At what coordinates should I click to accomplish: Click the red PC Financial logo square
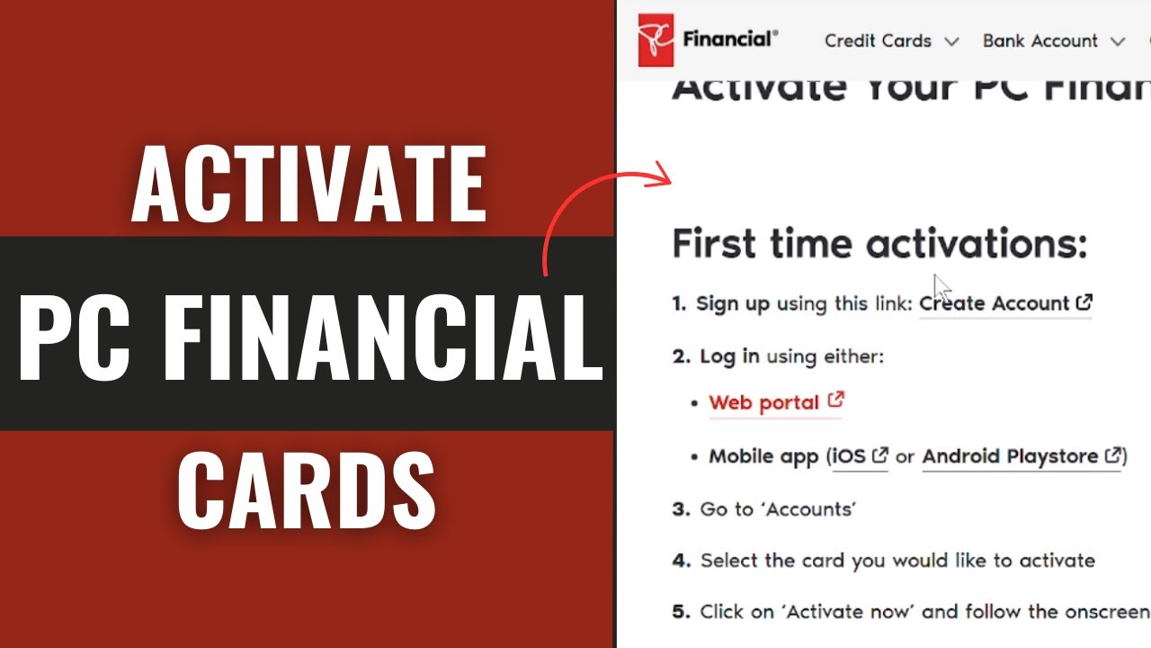point(656,40)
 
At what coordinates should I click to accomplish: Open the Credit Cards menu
point(878,41)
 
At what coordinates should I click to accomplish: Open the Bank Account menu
point(1039,41)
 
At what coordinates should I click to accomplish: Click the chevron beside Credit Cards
point(951,41)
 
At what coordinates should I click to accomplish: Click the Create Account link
point(994,304)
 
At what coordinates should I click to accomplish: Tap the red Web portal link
point(763,403)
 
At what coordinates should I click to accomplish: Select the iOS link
point(848,457)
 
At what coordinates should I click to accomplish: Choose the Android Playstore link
point(1010,457)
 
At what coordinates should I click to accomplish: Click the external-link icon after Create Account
point(1084,302)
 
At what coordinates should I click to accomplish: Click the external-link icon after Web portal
point(835,400)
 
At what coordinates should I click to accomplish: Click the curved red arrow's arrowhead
point(664,173)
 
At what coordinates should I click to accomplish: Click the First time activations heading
point(879,244)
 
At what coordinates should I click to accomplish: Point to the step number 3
point(680,509)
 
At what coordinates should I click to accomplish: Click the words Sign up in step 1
point(733,304)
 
